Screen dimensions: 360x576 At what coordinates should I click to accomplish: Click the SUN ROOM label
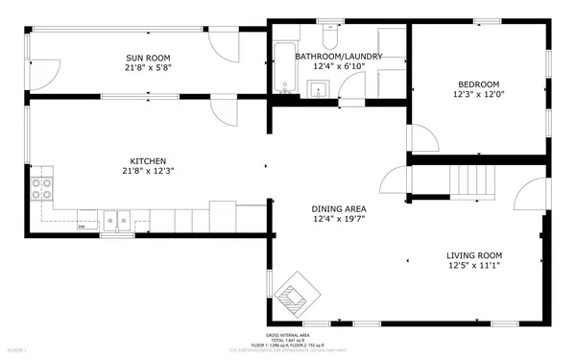point(147,57)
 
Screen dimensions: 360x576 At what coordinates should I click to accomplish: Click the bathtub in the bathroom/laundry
point(285,66)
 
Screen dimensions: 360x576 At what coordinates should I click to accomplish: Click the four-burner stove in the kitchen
point(42,187)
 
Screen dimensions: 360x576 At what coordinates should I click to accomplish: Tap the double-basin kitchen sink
point(118,221)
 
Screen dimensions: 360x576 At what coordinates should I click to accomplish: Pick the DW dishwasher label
point(82,227)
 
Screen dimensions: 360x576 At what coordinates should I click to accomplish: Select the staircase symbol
point(471,180)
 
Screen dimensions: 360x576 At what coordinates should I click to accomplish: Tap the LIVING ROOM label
point(474,255)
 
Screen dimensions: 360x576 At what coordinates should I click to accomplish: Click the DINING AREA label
point(338,208)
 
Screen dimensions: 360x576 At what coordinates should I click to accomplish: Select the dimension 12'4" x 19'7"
point(338,220)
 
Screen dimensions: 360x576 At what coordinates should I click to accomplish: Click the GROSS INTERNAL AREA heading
point(288,334)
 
